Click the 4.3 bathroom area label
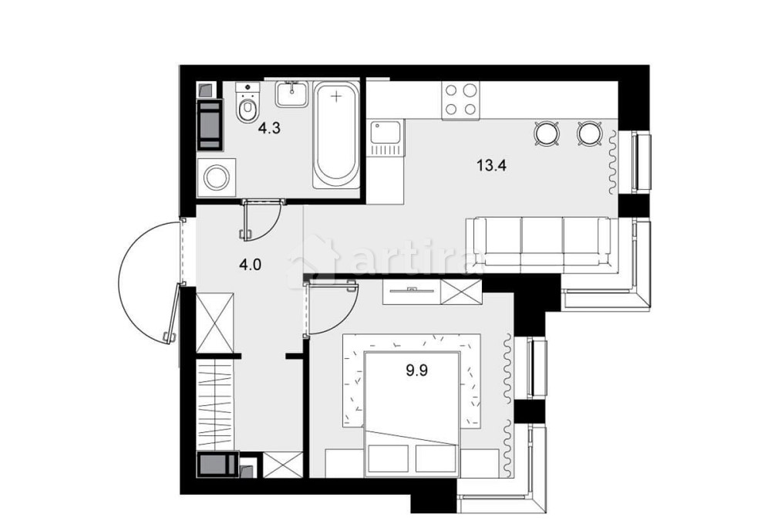pos(269,129)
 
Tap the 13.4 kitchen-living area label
pos(490,165)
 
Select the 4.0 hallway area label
pos(250,266)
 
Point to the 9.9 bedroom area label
pos(416,370)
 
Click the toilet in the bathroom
pos(247,103)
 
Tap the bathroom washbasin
pos(291,94)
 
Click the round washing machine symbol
pos(216,178)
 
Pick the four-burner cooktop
pos(461,100)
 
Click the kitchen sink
pos(388,138)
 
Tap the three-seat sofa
pos(541,244)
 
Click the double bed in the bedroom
pos(412,414)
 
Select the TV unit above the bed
pos(412,291)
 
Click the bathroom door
pos(261,220)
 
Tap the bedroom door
pos(331,307)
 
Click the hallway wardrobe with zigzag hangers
pos(216,404)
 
